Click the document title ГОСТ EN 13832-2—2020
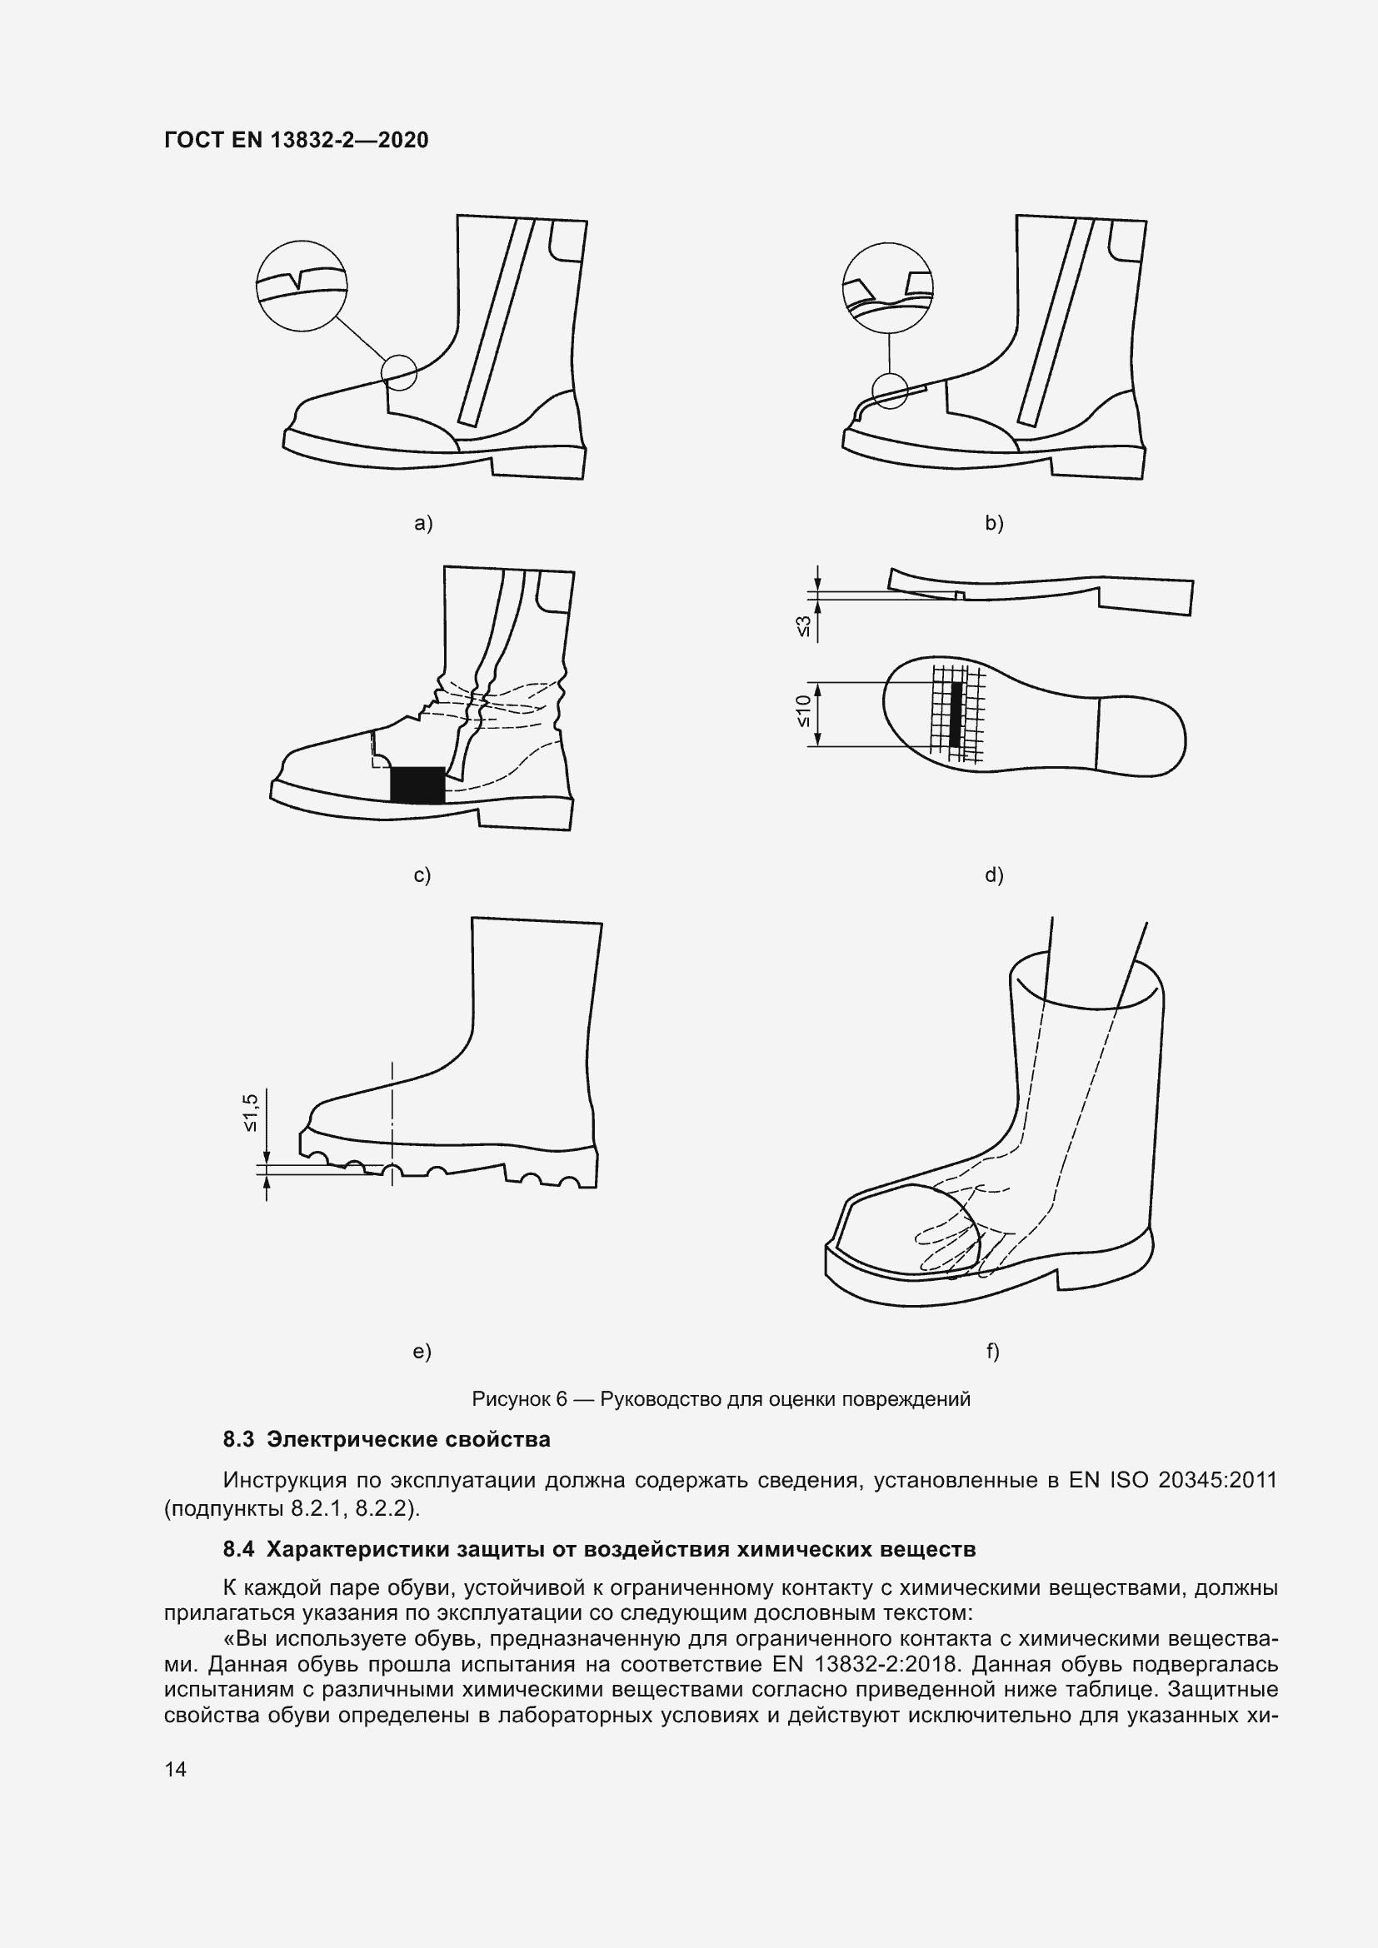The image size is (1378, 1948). [296, 140]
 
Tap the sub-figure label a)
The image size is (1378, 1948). [422, 524]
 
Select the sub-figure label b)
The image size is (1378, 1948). [994, 524]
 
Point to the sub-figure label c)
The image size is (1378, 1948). [422, 875]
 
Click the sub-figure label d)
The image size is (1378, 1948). [994, 875]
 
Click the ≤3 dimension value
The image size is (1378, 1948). [803, 626]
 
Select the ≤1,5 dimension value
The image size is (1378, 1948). [251, 1113]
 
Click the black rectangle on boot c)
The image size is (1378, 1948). [417, 785]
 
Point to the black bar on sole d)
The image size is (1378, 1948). [956, 714]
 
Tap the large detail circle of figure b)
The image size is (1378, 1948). [887, 286]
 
